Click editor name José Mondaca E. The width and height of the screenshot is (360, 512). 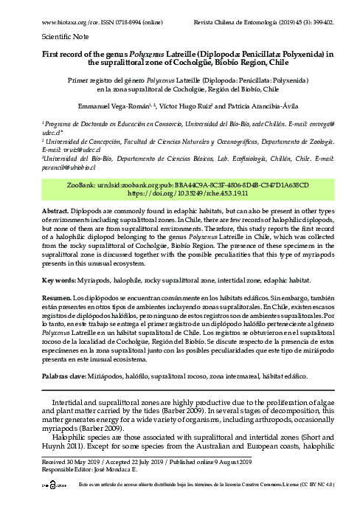coord(117,469)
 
